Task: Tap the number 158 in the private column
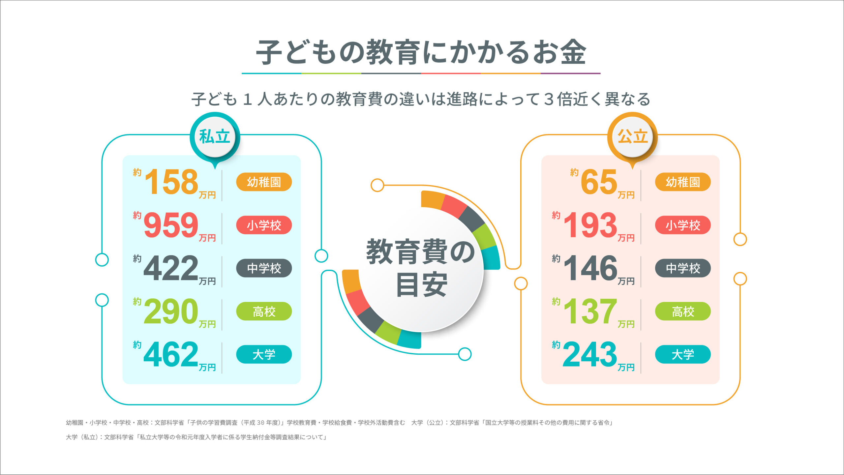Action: [171, 182]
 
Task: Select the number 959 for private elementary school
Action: [171, 225]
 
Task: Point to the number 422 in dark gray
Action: [171, 268]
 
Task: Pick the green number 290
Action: [171, 311]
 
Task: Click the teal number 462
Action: [171, 354]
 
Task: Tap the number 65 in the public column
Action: [599, 182]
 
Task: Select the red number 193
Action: [590, 225]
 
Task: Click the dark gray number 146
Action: [590, 268]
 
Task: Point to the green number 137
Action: [590, 311]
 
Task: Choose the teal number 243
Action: [590, 354]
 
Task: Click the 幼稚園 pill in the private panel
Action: [264, 182]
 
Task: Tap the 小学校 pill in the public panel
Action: [683, 225]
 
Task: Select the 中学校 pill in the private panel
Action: [264, 268]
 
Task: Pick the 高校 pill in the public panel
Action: [683, 311]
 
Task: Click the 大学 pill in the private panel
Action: [264, 354]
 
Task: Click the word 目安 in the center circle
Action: [422, 285]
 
